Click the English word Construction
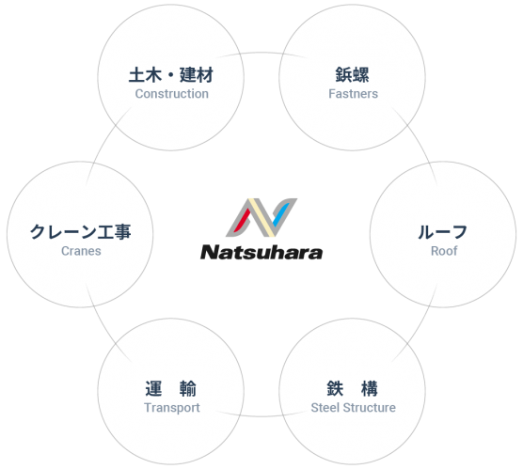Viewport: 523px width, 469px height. click(x=172, y=94)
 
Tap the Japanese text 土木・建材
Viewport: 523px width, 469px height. click(x=171, y=74)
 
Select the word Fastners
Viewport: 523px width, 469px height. click(x=354, y=94)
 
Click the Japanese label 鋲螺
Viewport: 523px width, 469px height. click(x=352, y=74)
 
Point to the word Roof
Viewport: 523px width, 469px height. click(x=444, y=251)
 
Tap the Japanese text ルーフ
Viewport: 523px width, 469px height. click(x=443, y=232)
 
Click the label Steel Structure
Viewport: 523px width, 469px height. click(x=354, y=408)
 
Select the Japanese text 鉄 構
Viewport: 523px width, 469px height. click(x=352, y=389)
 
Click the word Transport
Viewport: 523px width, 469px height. click(x=172, y=408)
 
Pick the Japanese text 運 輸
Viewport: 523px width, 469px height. click(x=171, y=389)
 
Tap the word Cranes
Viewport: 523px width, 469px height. click(x=81, y=251)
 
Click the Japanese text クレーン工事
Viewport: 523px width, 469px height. click(x=80, y=232)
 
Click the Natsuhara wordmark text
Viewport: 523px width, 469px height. click(x=261, y=252)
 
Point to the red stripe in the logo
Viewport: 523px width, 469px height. click(x=243, y=220)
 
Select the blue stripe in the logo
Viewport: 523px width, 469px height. click(x=281, y=214)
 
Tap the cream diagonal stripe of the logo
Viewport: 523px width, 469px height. click(x=261, y=218)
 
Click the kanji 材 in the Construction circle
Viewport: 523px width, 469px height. click(x=205, y=74)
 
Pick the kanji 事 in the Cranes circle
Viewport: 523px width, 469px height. click(x=122, y=232)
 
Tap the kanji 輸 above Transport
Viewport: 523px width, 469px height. click(x=188, y=389)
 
